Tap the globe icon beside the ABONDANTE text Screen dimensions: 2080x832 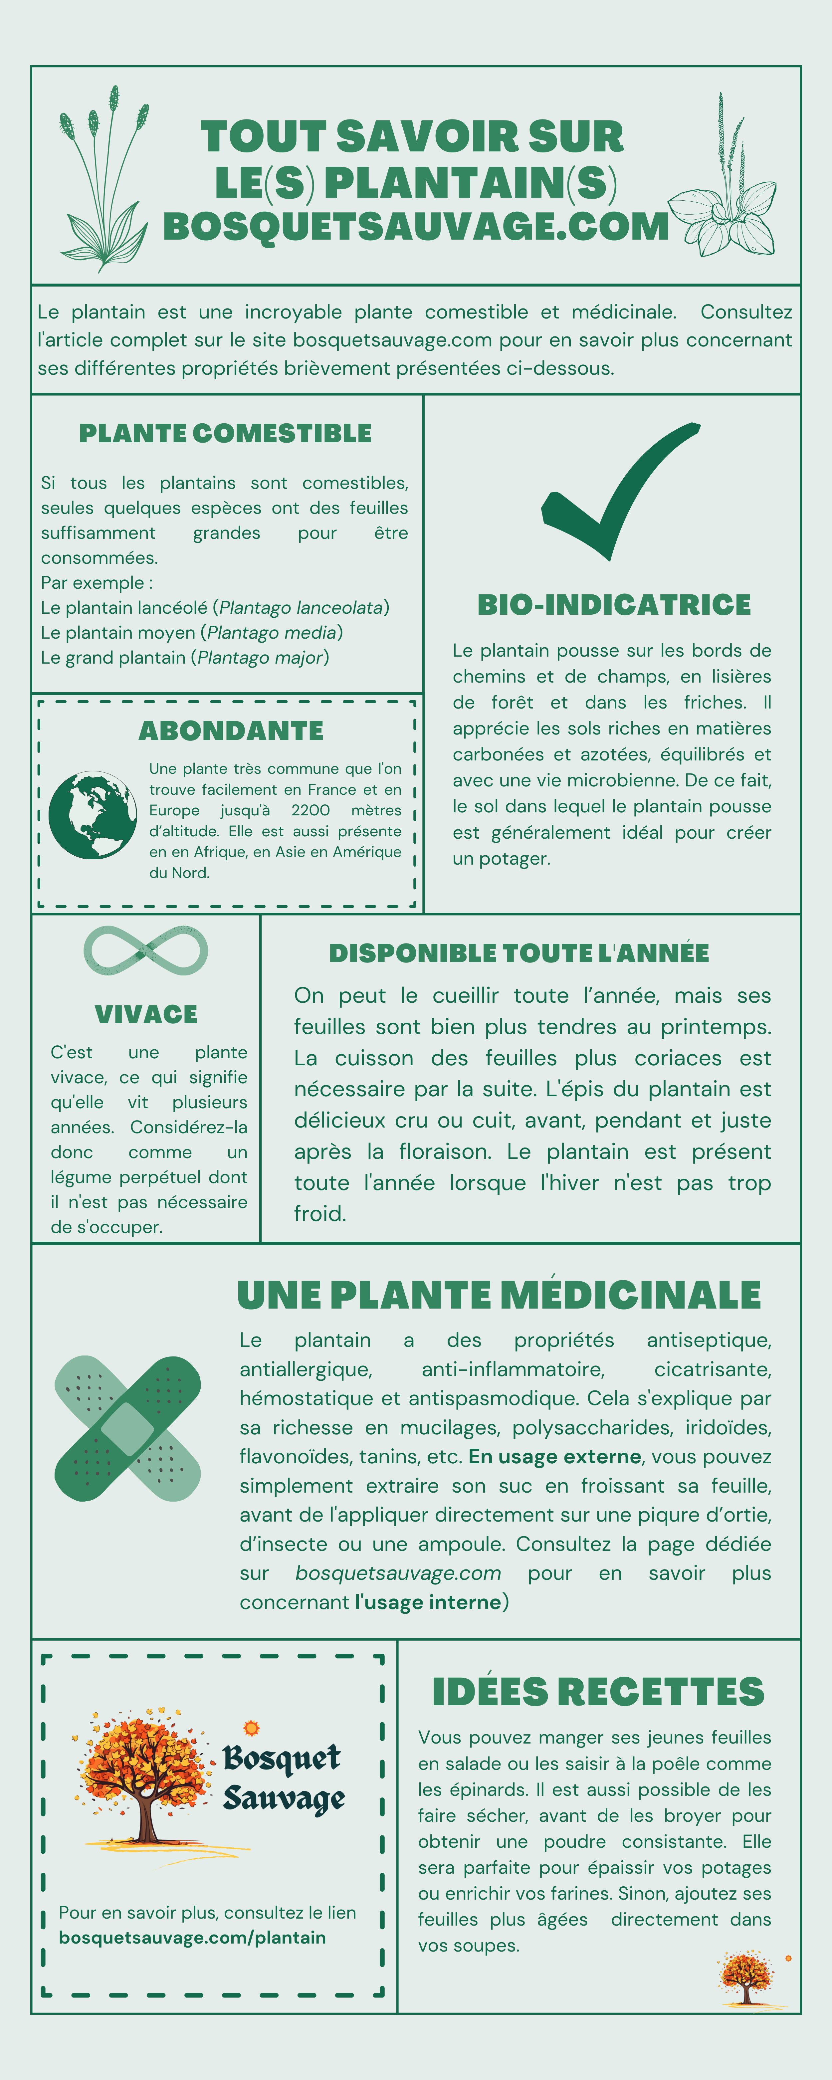pyautogui.click(x=92, y=815)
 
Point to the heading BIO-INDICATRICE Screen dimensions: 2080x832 pyautogui.click(x=614, y=605)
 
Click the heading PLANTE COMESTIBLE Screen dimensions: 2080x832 pyautogui.click(x=225, y=434)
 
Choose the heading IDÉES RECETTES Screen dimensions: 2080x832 pyautogui.click(x=598, y=1692)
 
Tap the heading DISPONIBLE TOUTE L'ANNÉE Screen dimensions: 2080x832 pyautogui.click(x=519, y=953)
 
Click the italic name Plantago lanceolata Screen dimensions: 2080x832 pyautogui.click(x=301, y=607)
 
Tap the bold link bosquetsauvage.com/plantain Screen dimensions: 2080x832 pyautogui.click(x=192, y=1937)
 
